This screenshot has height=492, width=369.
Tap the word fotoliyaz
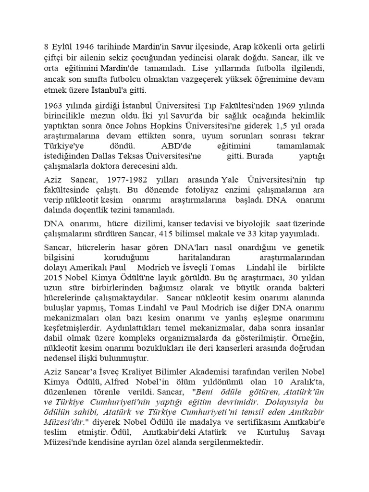click(x=163, y=190)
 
